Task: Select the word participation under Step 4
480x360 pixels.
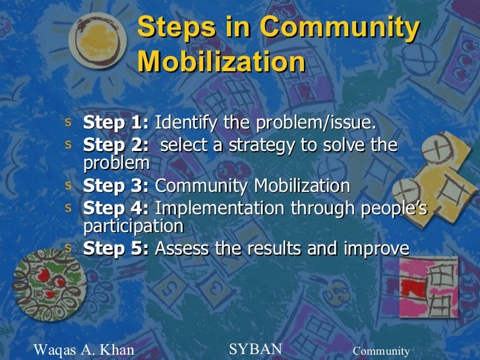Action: (133, 226)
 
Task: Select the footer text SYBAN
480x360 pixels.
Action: (255, 349)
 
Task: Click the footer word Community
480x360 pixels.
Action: (381, 351)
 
